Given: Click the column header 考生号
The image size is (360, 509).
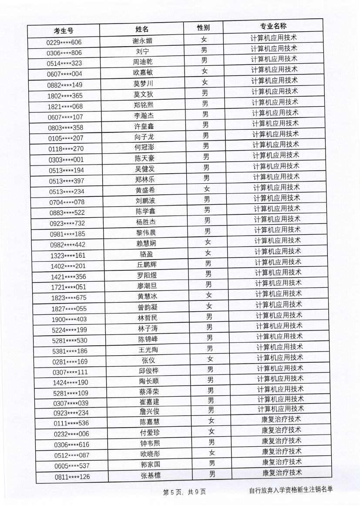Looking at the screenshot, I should pos(64,30).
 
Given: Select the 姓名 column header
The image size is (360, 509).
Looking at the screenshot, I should pos(142,29).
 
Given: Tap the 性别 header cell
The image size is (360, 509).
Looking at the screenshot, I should pos(203,27).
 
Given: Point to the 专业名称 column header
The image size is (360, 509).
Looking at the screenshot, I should pos(273,26).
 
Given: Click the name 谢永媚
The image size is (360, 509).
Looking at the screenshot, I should pos(142,41).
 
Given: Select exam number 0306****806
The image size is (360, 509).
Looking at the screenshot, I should pos(64,53).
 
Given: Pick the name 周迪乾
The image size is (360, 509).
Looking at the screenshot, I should pos(142,62).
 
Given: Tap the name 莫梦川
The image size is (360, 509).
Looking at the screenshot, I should pos(143,84).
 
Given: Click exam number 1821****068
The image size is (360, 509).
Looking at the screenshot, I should pos(65,106).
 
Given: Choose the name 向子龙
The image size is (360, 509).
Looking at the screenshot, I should pos(144,137).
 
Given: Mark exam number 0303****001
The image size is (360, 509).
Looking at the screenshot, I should pos(66,159).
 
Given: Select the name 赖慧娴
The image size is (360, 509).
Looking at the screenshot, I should pos(145,243).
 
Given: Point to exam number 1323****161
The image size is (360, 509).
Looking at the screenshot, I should pos(68,255).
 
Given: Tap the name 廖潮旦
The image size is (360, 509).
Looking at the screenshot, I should pos(146,286).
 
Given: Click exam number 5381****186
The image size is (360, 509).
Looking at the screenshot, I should pos(70,351).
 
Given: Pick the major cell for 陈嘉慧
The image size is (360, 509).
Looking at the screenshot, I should pos(281,419).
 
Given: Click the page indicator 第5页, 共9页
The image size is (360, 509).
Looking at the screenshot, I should pos(184,492).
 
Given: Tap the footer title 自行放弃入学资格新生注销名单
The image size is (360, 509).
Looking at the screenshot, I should pos(290,490).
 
